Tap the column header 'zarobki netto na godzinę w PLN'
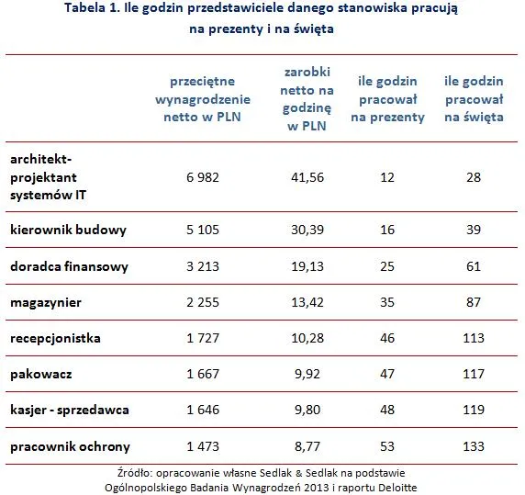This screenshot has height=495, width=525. (x=307, y=99)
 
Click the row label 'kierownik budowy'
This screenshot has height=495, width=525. (x=68, y=229)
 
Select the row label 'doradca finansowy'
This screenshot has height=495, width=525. (x=70, y=266)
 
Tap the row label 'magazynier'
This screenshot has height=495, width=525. (x=46, y=302)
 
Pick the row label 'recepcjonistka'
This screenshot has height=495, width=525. (x=55, y=338)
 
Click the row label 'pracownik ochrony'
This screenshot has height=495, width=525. (x=70, y=447)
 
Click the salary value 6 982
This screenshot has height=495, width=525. (x=202, y=177)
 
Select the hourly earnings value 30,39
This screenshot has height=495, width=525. (x=307, y=229)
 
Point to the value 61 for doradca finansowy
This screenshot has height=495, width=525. (x=473, y=266)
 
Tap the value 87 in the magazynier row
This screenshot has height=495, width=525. (x=473, y=302)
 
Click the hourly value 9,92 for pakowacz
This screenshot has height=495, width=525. (x=307, y=375)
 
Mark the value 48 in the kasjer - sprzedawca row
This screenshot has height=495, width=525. (x=389, y=411)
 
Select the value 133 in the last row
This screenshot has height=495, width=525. (x=473, y=447)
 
